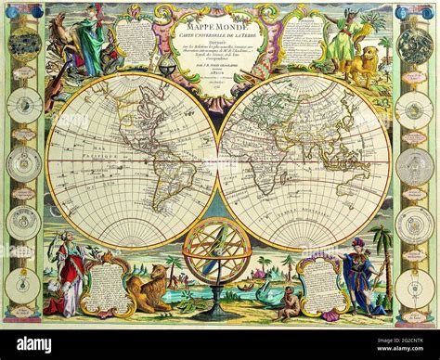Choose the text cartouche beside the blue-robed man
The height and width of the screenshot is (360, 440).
coord(320,283)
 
